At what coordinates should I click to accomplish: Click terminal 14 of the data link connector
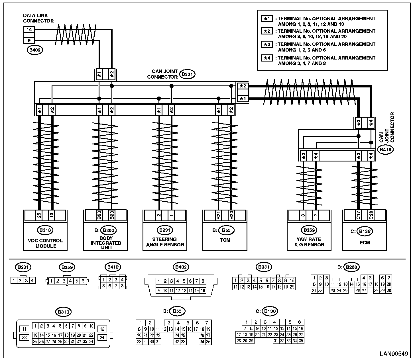tap(29, 29)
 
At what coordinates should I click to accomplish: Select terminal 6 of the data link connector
tap(29, 40)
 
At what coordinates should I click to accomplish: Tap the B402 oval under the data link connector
tap(35, 50)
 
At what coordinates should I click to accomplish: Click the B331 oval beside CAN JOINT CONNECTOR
tap(187, 74)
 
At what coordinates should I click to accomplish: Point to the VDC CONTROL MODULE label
tap(45, 243)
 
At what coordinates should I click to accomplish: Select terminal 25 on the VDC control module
tap(39, 215)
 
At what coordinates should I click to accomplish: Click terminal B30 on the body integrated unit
tap(112, 215)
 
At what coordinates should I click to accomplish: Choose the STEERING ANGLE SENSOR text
tap(165, 242)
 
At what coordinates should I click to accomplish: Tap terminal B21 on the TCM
tap(218, 215)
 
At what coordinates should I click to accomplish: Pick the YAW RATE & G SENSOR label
tap(309, 242)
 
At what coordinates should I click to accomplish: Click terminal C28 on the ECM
tap(371, 215)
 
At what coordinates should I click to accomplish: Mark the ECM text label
tap(365, 243)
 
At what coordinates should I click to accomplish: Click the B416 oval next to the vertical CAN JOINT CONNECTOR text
tap(385, 150)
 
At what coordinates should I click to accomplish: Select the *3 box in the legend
tap(267, 44)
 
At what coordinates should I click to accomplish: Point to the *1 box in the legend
tap(267, 19)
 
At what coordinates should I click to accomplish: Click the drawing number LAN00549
tap(394, 354)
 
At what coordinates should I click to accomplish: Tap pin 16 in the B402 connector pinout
tap(203, 291)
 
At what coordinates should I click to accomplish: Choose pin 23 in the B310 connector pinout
tap(24, 337)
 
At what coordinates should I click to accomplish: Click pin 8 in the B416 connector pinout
tap(122, 286)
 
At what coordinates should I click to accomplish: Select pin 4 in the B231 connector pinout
tap(32, 281)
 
